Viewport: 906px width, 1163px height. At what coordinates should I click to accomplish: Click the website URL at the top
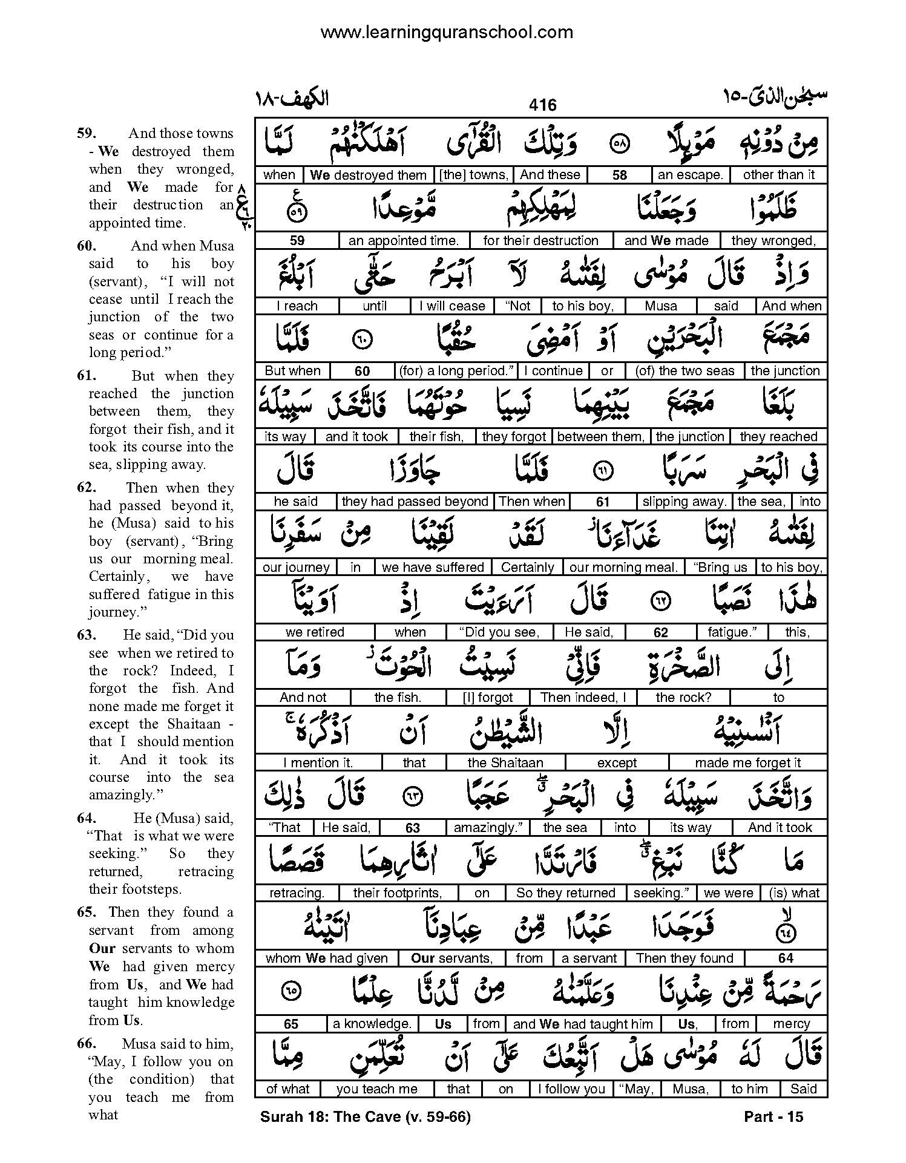pyautogui.click(x=447, y=32)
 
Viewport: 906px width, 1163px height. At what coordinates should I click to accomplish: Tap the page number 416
pyautogui.click(x=542, y=105)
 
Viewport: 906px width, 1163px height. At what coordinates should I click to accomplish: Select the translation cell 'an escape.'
pyautogui.click(x=690, y=175)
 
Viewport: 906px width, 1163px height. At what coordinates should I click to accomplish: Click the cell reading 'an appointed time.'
pyautogui.click(x=404, y=240)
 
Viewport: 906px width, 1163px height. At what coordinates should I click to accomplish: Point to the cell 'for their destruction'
pyautogui.click(x=540, y=240)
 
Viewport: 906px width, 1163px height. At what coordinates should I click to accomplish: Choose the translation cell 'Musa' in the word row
pyautogui.click(x=661, y=306)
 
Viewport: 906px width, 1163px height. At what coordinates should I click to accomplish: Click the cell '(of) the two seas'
pyautogui.click(x=684, y=371)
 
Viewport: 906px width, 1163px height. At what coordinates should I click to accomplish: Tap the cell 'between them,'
pyautogui.click(x=601, y=436)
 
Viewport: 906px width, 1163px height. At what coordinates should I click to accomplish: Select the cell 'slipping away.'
pyautogui.click(x=684, y=502)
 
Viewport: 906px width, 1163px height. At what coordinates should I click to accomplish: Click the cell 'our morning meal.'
pyautogui.click(x=623, y=567)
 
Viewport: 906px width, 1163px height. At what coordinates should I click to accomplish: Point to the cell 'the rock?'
pyautogui.click(x=683, y=697)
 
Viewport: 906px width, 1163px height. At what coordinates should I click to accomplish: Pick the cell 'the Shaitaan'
pyautogui.click(x=505, y=762)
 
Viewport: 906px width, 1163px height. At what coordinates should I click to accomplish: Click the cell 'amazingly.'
pyautogui.click(x=487, y=827)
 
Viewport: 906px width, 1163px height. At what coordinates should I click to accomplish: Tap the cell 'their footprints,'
pyautogui.click(x=396, y=893)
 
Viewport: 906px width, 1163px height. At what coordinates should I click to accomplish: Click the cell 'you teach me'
pyautogui.click(x=377, y=1089)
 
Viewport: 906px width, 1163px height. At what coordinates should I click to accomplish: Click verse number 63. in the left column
pyautogui.click(x=86, y=635)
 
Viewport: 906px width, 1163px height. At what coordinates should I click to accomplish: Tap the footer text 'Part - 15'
pyautogui.click(x=773, y=1116)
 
